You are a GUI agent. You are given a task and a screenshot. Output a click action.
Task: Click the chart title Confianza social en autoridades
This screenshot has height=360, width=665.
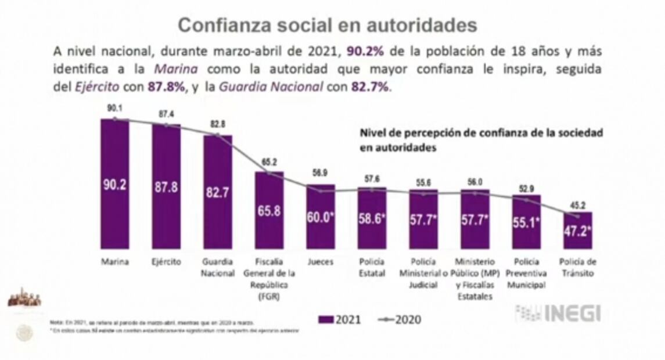(328, 26)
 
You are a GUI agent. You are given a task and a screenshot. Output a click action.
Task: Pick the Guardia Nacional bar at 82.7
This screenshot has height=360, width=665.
(217, 192)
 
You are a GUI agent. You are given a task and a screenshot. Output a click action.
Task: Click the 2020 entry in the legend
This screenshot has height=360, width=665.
(400, 319)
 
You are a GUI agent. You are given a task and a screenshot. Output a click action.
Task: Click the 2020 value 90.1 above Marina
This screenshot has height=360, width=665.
(114, 107)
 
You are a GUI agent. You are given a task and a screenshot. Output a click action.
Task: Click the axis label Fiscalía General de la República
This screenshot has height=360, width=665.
(269, 278)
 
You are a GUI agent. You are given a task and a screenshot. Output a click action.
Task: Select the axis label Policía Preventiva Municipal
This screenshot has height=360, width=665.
(526, 273)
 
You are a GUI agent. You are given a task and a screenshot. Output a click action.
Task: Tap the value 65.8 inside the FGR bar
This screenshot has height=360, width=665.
(269, 211)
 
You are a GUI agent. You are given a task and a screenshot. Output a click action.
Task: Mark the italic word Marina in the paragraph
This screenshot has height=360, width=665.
(176, 69)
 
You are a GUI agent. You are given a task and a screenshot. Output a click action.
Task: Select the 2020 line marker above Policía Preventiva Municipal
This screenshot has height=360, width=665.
(526, 200)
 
